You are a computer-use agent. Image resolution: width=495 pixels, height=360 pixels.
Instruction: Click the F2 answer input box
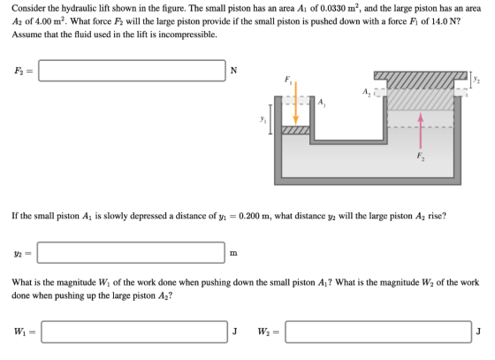pyautogui.click(x=132, y=71)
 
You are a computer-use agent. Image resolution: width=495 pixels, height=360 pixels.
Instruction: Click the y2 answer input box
pyautogui.click(x=131, y=253)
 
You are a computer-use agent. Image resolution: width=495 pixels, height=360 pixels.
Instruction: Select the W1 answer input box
pyautogui.click(x=134, y=332)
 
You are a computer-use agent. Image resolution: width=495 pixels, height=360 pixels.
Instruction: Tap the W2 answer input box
pyautogui.click(x=378, y=332)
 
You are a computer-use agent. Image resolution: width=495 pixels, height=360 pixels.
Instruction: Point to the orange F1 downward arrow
pyautogui.click(x=296, y=103)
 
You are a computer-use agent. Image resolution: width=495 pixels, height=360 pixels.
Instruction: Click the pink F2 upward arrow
pyautogui.click(x=420, y=130)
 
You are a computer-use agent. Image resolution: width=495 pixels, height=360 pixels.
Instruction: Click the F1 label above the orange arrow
pyautogui.click(x=288, y=80)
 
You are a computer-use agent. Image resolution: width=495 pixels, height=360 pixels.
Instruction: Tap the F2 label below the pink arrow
pyautogui.click(x=421, y=156)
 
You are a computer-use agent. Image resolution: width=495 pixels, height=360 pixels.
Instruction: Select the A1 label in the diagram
pyautogui.click(x=322, y=102)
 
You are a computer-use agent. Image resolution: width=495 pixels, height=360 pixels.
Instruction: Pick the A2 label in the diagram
pyautogui.click(x=366, y=92)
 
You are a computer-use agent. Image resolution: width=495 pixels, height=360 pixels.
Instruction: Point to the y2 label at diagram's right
pyautogui.click(x=476, y=80)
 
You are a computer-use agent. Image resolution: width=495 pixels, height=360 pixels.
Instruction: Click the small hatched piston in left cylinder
pyautogui.click(x=295, y=130)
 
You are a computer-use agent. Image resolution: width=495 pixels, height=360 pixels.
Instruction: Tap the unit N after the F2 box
pyautogui.click(x=233, y=71)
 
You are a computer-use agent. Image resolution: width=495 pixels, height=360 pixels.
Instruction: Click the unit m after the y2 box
pyautogui.click(x=233, y=253)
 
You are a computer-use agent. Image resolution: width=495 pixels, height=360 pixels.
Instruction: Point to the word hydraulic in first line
pyautogui.click(x=75, y=9)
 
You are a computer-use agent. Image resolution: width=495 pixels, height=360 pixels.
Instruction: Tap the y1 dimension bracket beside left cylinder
pyautogui.click(x=270, y=119)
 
